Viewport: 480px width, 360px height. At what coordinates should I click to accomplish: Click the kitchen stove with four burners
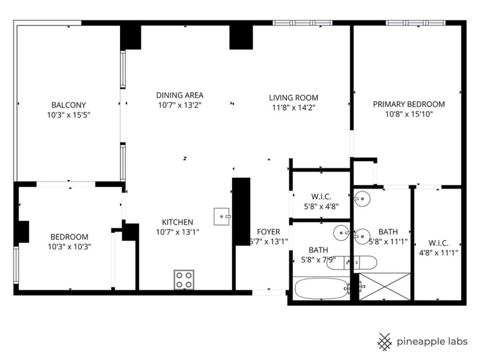coord(184,279)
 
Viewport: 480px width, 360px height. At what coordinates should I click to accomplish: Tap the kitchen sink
coord(223,217)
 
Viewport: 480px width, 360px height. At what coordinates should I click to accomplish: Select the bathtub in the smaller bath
coord(322,288)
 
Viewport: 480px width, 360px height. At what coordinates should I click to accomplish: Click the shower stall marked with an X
coord(385,286)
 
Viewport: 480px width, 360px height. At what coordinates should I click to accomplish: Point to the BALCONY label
coord(69,105)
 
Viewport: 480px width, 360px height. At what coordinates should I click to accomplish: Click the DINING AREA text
coord(180,95)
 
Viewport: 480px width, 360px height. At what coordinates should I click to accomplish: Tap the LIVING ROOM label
coord(294,98)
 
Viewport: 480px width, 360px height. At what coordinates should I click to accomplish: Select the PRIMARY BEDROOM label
coord(409,104)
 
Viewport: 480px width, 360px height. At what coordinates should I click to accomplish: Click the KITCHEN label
coord(177,222)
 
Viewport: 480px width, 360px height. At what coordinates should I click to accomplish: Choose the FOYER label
coord(269,231)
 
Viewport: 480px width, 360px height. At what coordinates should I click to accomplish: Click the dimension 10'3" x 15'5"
coord(69,115)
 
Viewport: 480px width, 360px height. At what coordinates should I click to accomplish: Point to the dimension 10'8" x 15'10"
coord(409,114)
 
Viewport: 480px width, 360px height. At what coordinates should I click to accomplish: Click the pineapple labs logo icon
coord(385,341)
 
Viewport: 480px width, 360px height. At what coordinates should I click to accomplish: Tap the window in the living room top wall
coord(302,23)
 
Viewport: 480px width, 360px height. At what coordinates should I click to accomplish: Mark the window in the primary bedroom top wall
coord(415,23)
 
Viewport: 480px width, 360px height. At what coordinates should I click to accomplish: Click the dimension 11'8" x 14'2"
coord(293,107)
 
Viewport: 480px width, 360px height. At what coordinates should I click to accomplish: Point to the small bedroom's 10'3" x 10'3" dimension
coord(69,247)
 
